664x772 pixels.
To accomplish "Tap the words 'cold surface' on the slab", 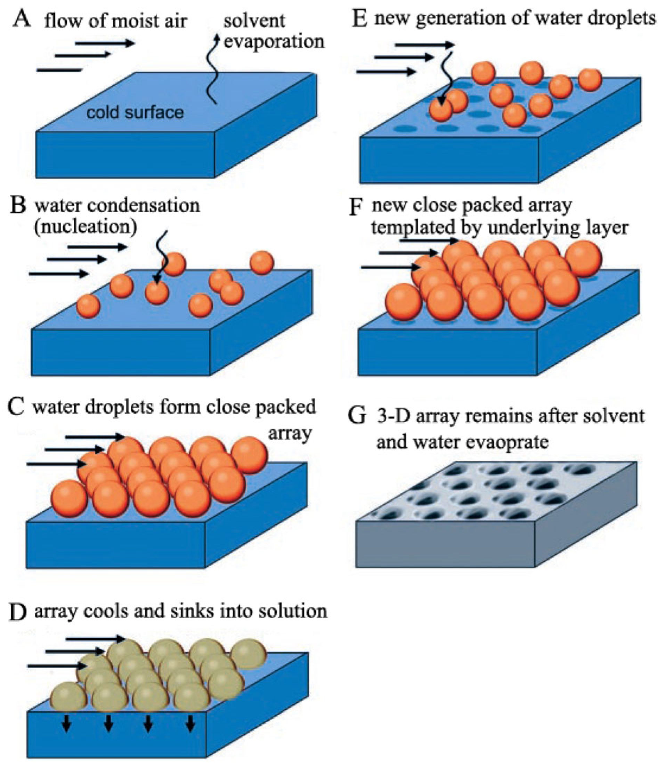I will pyautogui.click(x=135, y=112).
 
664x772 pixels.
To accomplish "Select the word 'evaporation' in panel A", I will pyautogui.click(x=274, y=42).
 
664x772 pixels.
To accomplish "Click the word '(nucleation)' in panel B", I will pyautogui.click(x=85, y=226).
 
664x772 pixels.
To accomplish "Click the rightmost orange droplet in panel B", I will pyautogui.click(x=262, y=263).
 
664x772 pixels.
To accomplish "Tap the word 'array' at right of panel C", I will pyautogui.click(x=289, y=433).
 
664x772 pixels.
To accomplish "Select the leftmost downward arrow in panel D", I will pyautogui.click(x=67, y=723).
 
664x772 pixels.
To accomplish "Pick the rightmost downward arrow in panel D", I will pyautogui.click(x=191, y=723).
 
